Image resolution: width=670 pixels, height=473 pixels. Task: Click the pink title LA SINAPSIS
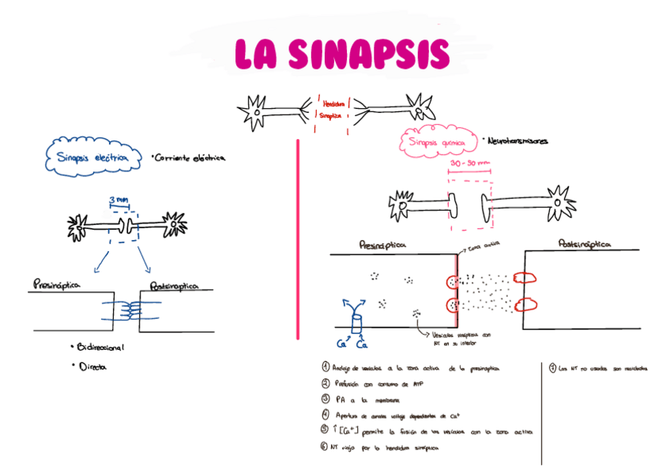click(x=342, y=54)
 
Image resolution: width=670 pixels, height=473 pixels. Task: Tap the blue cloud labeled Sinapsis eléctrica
click(x=93, y=157)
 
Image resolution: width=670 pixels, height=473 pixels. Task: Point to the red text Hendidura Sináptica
click(x=332, y=108)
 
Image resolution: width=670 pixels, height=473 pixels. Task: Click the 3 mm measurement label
click(x=121, y=201)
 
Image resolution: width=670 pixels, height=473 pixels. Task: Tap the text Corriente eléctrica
click(x=190, y=158)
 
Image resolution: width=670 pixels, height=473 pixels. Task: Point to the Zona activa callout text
click(x=485, y=247)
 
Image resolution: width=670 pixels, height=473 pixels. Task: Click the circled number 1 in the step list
click(x=325, y=367)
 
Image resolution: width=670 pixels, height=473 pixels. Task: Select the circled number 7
click(x=551, y=367)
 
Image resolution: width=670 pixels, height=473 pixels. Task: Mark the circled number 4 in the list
click(x=325, y=414)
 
